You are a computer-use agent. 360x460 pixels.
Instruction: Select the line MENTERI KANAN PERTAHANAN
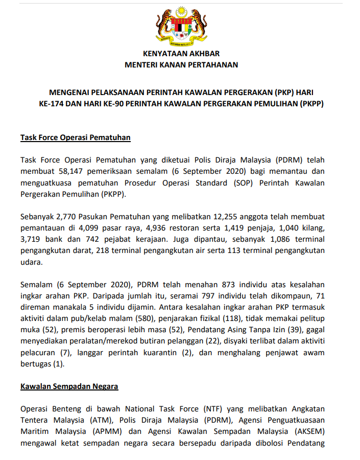[x=181, y=65]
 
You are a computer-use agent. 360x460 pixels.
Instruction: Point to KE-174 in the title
[x=53, y=103]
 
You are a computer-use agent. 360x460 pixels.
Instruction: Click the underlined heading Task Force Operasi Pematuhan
[x=76, y=137]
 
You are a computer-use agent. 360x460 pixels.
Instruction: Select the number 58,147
[x=64, y=171]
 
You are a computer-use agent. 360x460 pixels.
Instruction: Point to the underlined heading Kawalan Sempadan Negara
[x=69, y=386]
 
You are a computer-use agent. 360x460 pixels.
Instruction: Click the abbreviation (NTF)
[x=215, y=409]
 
